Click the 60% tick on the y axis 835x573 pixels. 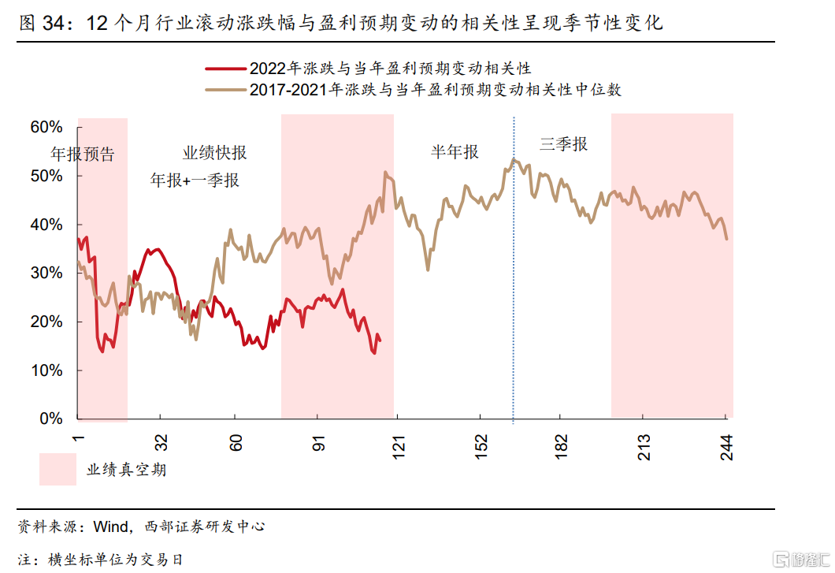tap(46, 128)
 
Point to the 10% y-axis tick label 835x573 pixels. tap(46, 370)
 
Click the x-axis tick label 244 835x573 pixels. tap(726, 446)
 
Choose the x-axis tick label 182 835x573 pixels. tap(561, 446)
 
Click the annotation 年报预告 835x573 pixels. tap(83, 154)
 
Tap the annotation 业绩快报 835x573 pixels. tap(214, 153)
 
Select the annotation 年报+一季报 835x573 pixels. tap(195, 180)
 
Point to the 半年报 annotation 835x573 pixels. tap(455, 152)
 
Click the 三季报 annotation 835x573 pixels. tap(563, 144)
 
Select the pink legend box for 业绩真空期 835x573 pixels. tap(58, 470)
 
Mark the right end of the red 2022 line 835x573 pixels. tap(380, 340)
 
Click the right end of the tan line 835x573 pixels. tap(726, 239)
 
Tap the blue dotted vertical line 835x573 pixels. tap(514, 276)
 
